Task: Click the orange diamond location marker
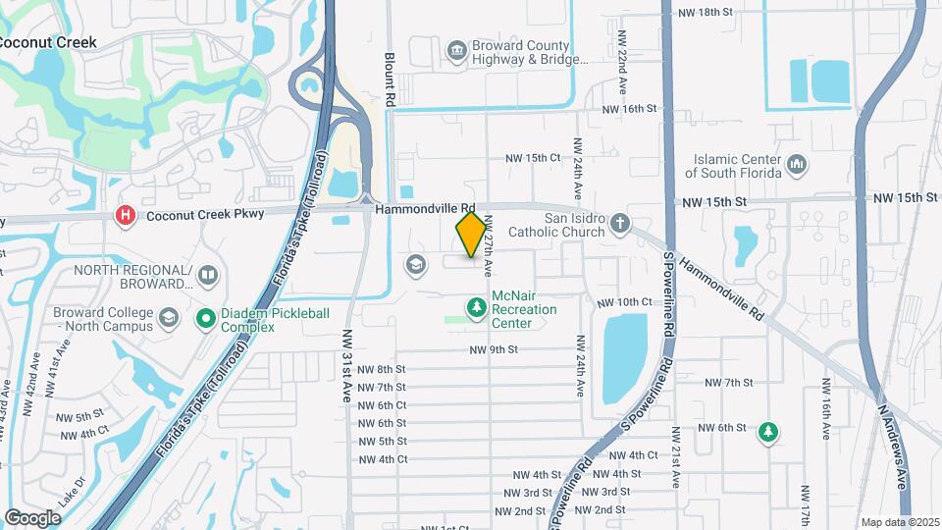coord(471,235)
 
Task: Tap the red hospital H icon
coord(125,215)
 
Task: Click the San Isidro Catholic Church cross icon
coord(619,225)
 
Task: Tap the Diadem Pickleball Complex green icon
coord(206,318)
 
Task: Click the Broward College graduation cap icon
coord(170,318)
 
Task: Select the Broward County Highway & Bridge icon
coord(456,50)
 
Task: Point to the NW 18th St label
coord(706,12)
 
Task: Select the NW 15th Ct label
coord(533,157)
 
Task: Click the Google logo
coord(32,517)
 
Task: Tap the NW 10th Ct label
coord(623,301)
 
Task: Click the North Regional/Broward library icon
coord(206,275)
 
